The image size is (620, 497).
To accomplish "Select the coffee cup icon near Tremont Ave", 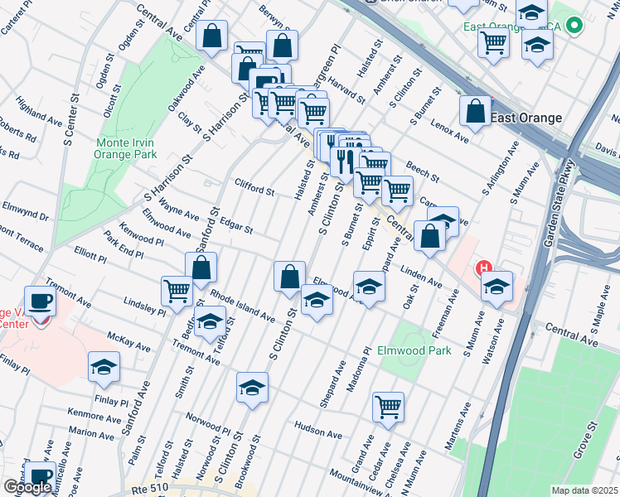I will coord(40,302).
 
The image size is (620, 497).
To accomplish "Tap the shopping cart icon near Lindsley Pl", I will coord(177,291).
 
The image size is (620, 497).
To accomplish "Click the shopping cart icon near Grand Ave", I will coord(388,407).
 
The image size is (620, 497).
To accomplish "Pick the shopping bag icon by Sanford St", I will coord(201,268).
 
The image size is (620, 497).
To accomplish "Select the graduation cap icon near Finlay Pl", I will coord(104,367).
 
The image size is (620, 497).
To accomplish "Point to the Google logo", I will coord(27,487).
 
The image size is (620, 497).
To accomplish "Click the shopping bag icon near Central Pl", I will coord(212,36).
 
